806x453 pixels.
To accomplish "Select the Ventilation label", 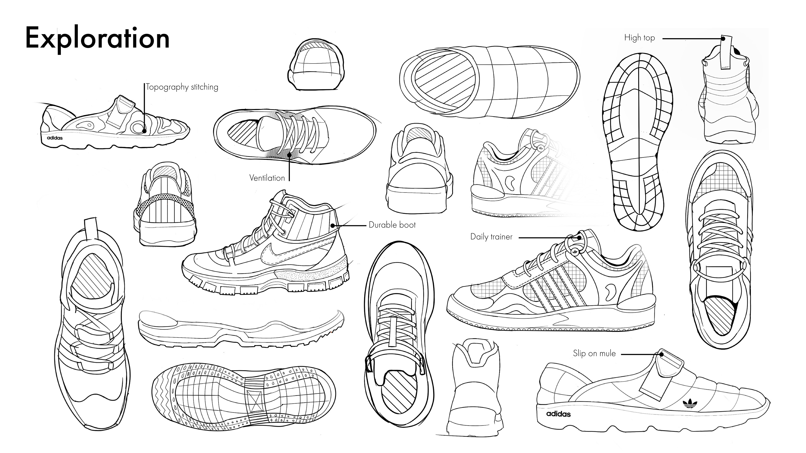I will coord(267,178).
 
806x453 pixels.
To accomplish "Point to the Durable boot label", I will coord(392,225).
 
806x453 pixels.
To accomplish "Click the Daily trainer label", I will coord(491,237).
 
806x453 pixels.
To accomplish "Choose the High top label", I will coord(639,38).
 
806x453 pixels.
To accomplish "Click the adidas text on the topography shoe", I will coord(55,138).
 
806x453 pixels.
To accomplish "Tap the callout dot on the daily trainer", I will coord(579,238).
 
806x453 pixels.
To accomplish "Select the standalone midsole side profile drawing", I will coord(241,328).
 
